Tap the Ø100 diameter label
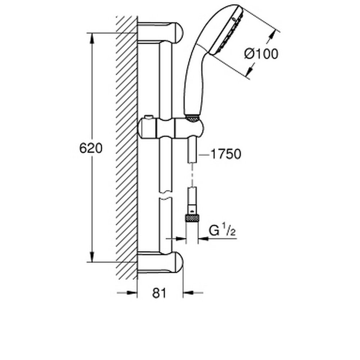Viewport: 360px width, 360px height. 261,54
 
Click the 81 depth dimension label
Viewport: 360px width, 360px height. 160,293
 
